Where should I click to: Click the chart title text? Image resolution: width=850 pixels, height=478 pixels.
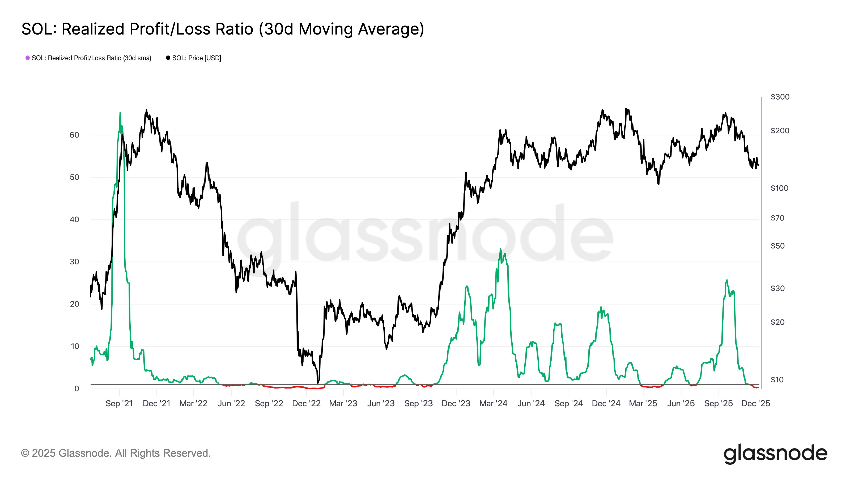click(223, 29)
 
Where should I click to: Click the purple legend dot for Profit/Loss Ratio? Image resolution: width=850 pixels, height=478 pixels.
click(28, 58)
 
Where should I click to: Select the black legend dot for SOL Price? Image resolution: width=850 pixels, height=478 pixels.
click(168, 58)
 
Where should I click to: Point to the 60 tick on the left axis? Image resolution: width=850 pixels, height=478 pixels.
click(74, 135)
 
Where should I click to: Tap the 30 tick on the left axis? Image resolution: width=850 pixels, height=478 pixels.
click(74, 262)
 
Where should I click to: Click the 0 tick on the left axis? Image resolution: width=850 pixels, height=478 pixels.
click(76, 389)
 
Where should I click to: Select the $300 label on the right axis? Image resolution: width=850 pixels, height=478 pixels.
click(780, 97)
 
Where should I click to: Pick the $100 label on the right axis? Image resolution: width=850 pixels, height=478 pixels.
click(780, 188)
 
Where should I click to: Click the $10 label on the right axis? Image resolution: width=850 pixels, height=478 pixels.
click(777, 380)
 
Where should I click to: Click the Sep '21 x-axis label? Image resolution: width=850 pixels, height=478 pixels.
click(119, 403)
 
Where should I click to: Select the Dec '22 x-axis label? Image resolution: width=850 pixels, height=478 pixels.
click(306, 403)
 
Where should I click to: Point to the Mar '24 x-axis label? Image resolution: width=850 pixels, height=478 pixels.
click(493, 403)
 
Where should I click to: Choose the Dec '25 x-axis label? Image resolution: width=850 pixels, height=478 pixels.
click(756, 403)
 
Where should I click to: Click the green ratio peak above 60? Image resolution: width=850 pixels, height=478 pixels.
click(120, 113)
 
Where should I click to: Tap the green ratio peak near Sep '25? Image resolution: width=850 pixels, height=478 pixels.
click(727, 280)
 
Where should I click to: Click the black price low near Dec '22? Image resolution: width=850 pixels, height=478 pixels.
click(318, 383)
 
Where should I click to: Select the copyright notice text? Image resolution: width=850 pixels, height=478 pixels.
click(116, 453)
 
